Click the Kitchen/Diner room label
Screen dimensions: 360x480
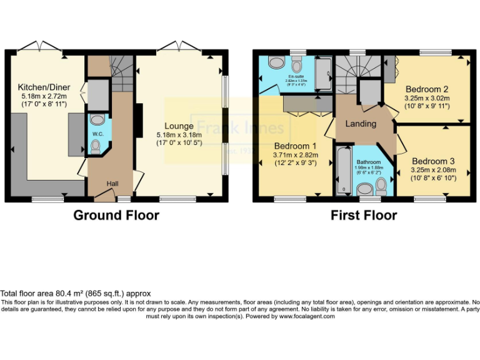[x=44, y=87]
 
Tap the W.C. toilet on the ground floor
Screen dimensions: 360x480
[x=95, y=146]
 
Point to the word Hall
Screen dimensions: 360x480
[x=112, y=183]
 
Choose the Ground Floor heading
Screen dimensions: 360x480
[x=116, y=216]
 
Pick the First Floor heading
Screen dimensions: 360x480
[x=364, y=216]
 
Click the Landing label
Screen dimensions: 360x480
[x=361, y=123]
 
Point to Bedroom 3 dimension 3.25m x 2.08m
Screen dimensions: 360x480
[x=433, y=169]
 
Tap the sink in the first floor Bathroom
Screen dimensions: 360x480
[x=362, y=189]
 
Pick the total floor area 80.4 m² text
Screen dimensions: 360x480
[x=75, y=292]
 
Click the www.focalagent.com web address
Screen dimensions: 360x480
[x=306, y=316]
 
